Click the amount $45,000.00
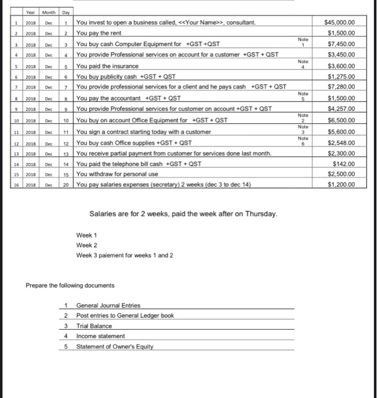339,22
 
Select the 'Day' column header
67,11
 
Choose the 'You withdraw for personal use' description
121,175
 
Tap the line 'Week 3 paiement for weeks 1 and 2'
125,255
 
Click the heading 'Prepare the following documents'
71,285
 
